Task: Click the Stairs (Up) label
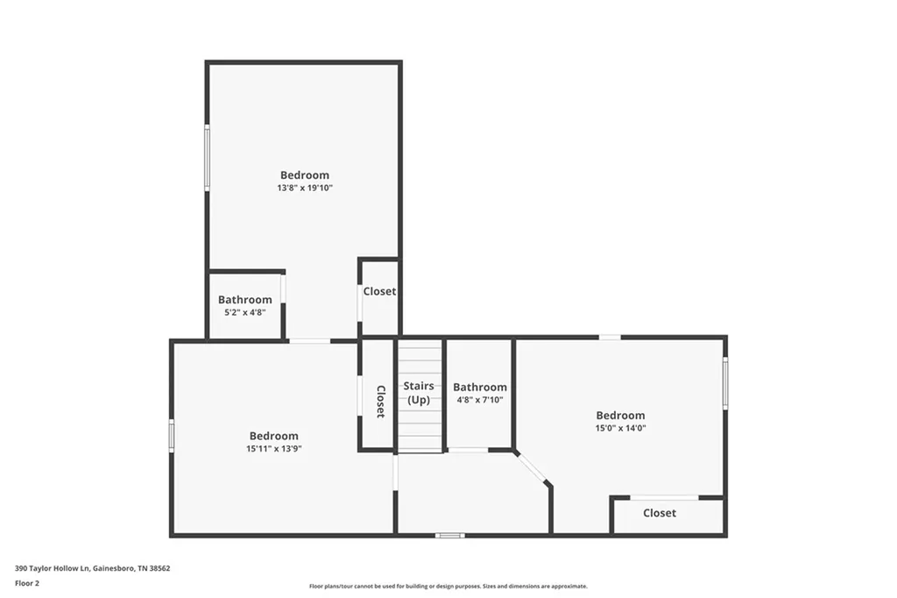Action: [x=419, y=393]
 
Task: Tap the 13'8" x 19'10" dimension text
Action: [x=305, y=189]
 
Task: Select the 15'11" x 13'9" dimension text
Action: [x=273, y=449]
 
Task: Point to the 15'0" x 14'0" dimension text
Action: [x=620, y=429]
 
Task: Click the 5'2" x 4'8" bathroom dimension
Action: [x=244, y=312]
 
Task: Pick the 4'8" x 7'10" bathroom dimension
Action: [x=479, y=400]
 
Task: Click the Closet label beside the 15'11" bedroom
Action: [x=380, y=402]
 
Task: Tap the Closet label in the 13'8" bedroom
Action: [x=379, y=291]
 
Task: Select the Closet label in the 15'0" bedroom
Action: [x=659, y=513]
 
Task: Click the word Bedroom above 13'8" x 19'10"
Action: [x=305, y=175]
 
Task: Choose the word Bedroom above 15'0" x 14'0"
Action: [x=620, y=416]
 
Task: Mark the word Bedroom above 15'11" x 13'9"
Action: [x=273, y=436]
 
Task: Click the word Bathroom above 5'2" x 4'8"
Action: [x=244, y=300]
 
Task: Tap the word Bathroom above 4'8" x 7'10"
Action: [x=479, y=387]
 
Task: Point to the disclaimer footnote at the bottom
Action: [x=448, y=587]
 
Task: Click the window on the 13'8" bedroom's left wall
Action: [x=208, y=158]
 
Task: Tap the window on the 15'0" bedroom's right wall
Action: [x=725, y=383]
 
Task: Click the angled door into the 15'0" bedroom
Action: [x=533, y=467]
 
